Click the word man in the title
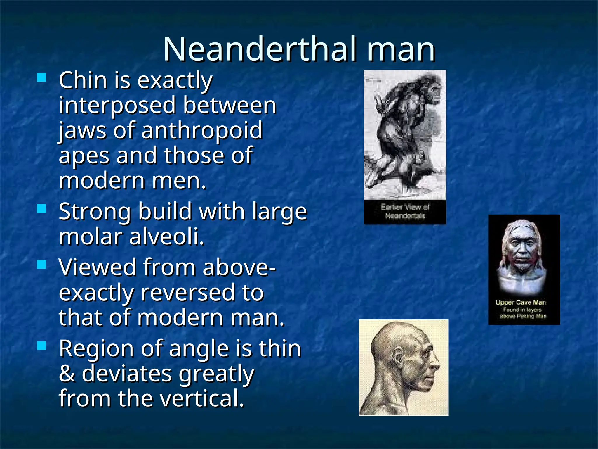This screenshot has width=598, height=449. click(401, 50)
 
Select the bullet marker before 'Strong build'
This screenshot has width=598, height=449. click(42, 208)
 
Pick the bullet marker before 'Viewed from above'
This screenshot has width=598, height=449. click(42, 264)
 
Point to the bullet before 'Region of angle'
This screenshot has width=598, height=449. click(42, 346)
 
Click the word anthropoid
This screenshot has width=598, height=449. click(202, 131)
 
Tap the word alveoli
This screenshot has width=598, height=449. click(166, 236)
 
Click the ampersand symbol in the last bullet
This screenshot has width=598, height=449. click(67, 374)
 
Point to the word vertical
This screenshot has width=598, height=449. click(202, 398)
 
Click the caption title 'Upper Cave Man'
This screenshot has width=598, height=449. click(521, 302)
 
